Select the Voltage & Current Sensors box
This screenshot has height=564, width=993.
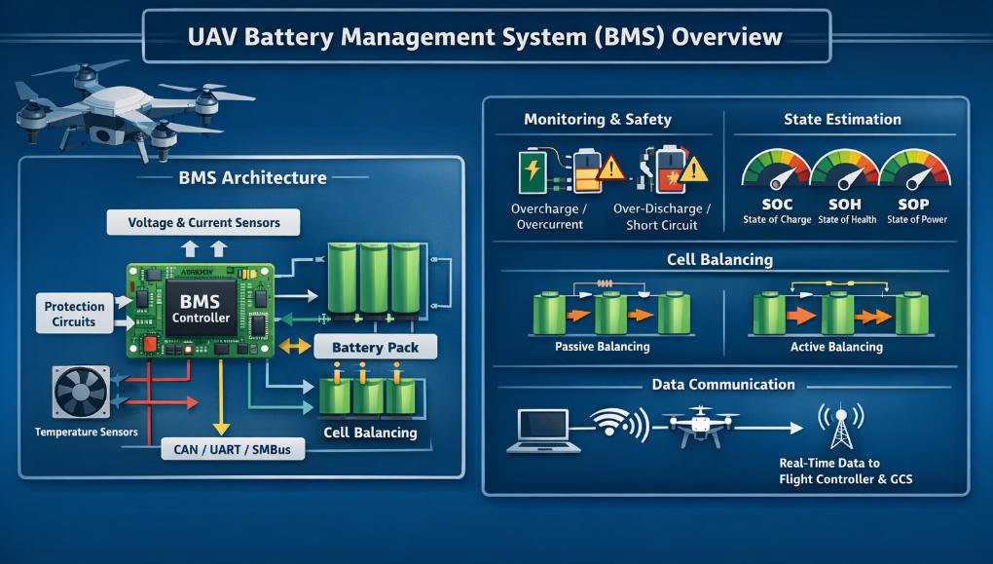(203, 223)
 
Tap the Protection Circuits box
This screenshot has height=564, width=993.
(75, 314)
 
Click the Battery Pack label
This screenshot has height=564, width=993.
(376, 348)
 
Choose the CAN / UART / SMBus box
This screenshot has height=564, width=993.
(233, 449)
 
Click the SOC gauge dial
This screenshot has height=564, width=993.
(776, 169)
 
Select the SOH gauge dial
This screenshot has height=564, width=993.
(845, 169)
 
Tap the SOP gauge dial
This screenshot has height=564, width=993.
(913, 169)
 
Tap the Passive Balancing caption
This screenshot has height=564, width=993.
(602, 347)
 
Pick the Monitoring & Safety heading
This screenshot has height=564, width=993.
(598, 120)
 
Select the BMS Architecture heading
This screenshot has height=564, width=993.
(253, 178)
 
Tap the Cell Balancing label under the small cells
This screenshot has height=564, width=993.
(370, 432)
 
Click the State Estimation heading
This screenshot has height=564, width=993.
(842, 120)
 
